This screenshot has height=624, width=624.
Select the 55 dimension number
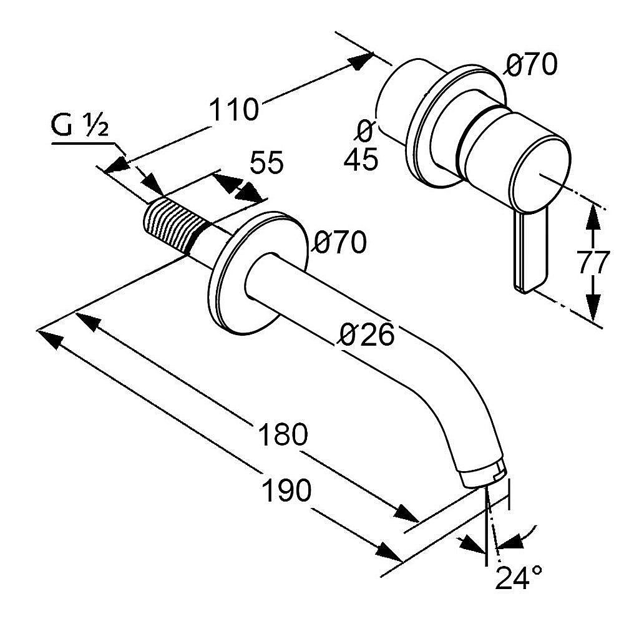[267, 163]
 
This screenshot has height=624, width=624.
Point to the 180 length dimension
[283, 434]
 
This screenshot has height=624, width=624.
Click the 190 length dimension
[285, 491]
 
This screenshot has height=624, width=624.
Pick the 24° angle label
[518, 578]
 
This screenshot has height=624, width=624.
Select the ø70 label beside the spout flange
[339, 242]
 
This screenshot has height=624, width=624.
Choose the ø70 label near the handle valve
[530, 64]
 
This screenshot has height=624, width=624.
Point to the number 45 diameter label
[361, 160]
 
